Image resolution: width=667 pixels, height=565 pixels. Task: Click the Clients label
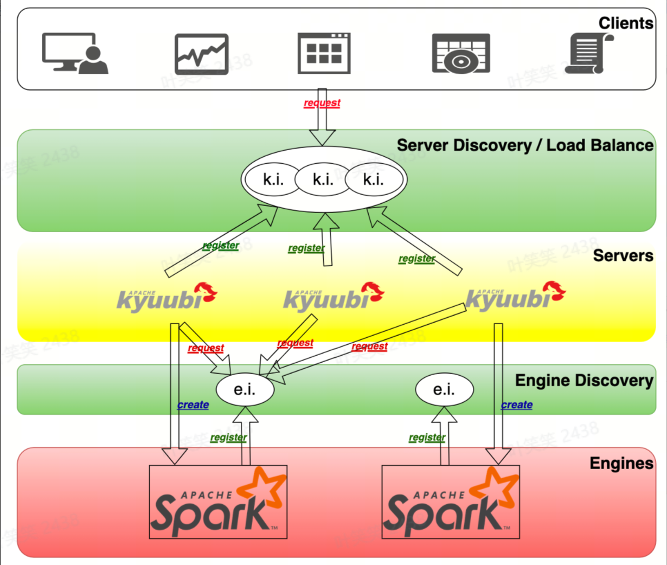tap(625, 23)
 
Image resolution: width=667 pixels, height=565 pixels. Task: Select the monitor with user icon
tap(75, 53)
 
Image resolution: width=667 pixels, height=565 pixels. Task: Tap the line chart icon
tap(201, 54)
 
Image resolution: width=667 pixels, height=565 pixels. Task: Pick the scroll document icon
tap(590, 53)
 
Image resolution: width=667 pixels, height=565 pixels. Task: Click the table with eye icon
tap(461, 54)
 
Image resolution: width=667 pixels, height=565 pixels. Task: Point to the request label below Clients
tap(322, 103)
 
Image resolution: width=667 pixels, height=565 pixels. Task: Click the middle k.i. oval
tap(323, 179)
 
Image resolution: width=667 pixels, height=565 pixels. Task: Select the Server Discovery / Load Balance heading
tap(524, 145)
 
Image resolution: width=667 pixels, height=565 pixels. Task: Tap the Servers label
tap(623, 255)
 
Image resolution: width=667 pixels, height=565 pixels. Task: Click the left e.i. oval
tap(245, 389)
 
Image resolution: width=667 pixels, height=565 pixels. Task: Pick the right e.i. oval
tap(444, 389)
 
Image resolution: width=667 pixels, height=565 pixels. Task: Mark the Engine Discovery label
tap(583, 381)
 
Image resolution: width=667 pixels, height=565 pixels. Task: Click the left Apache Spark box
tap(218, 502)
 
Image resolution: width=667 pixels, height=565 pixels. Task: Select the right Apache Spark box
tap(451, 502)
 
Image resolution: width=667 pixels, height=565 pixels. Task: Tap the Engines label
tap(621, 464)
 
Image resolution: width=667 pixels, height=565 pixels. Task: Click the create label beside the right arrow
tap(517, 405)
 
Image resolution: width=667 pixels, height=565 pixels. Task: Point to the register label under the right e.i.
tap(427, 438)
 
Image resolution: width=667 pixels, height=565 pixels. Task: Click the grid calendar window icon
tap(324, 53)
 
